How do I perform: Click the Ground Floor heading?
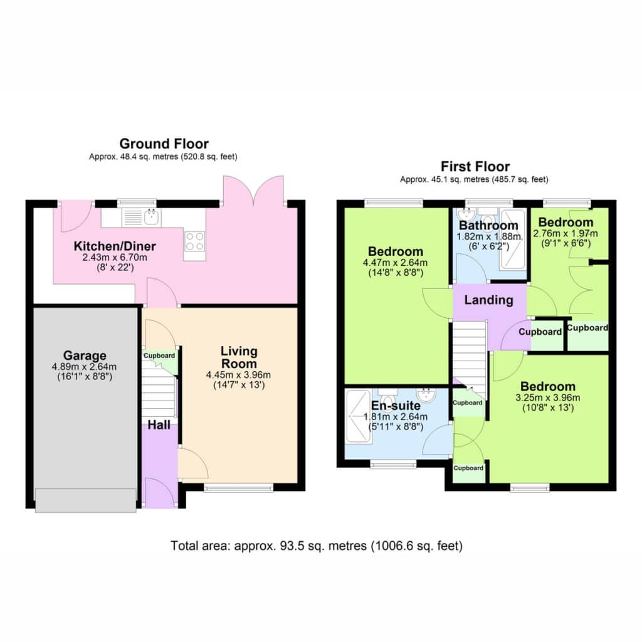point(164,144)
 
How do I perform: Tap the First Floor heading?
point(475,167)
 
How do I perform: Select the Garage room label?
point(85,355)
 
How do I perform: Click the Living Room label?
point(239,357)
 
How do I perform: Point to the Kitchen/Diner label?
point(115,246)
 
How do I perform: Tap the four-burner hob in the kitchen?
point(194,241)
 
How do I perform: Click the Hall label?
point(159,425)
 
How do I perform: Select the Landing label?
point(488,300)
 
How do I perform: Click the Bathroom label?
point(488,226)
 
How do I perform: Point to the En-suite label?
point(396,406)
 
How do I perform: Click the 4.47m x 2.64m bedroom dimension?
point(395,263)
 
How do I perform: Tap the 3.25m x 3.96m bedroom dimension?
point(547,397)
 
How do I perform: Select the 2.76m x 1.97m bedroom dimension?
point(565,233)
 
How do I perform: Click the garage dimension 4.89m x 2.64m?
point(84,367)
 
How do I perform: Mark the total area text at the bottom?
point(317,546)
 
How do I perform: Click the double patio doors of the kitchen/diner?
point(253,191)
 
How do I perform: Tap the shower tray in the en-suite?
point(359,416)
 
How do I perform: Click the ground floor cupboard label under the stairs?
point(159,356)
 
